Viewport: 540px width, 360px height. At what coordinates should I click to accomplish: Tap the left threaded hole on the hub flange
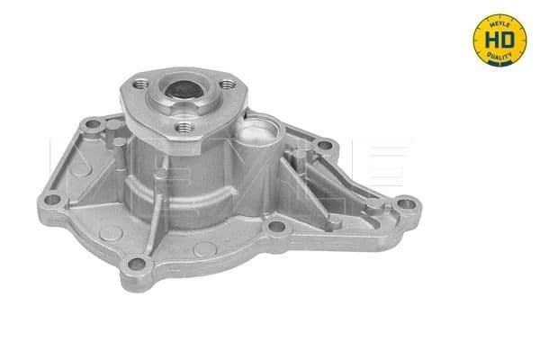(138, 84)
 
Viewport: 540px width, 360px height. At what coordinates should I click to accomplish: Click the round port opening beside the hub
(260, 136)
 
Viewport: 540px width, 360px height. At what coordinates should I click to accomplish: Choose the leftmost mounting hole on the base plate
(52, 199)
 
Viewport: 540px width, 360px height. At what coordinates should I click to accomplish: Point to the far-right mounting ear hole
(408, 203)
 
